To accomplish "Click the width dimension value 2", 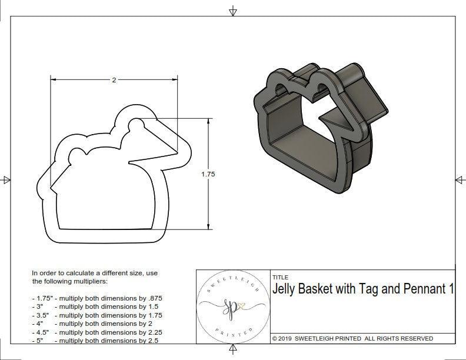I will pos(114,80).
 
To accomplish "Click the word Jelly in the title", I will pos(286,289).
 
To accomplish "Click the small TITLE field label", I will pos(279,277).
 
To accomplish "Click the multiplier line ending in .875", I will pos(97,298).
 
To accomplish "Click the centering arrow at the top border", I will pos(234,11).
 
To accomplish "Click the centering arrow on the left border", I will pos(7,179).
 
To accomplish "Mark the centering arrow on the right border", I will pos(459,179).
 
